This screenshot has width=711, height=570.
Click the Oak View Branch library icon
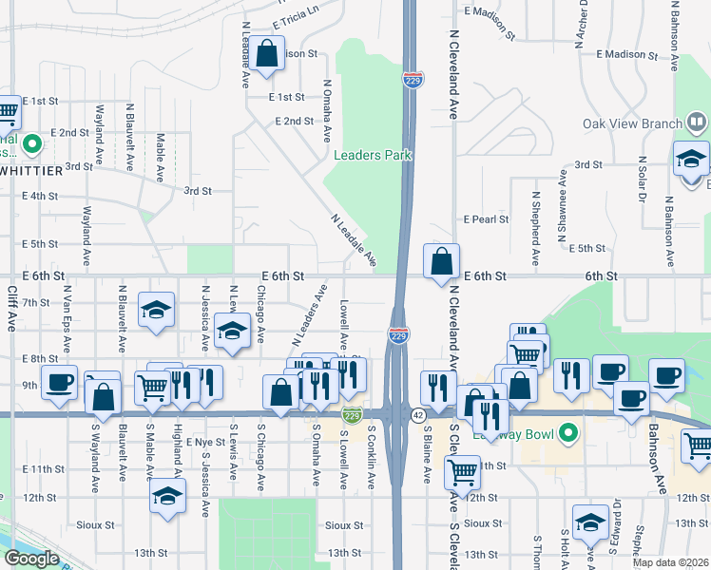[697, 122]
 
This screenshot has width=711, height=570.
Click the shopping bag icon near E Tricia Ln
[267, 54]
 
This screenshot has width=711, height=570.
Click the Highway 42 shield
[418, 415]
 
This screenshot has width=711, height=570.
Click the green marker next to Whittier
[31, 144]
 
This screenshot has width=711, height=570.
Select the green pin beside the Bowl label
[569, 434]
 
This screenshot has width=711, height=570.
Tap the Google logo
[31, 559]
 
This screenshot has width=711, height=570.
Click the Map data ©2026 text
[669, 562]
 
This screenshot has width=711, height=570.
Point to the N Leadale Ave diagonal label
[354, 238]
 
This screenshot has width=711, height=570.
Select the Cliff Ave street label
[12, 310]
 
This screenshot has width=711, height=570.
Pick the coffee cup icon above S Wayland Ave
[60, 383]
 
